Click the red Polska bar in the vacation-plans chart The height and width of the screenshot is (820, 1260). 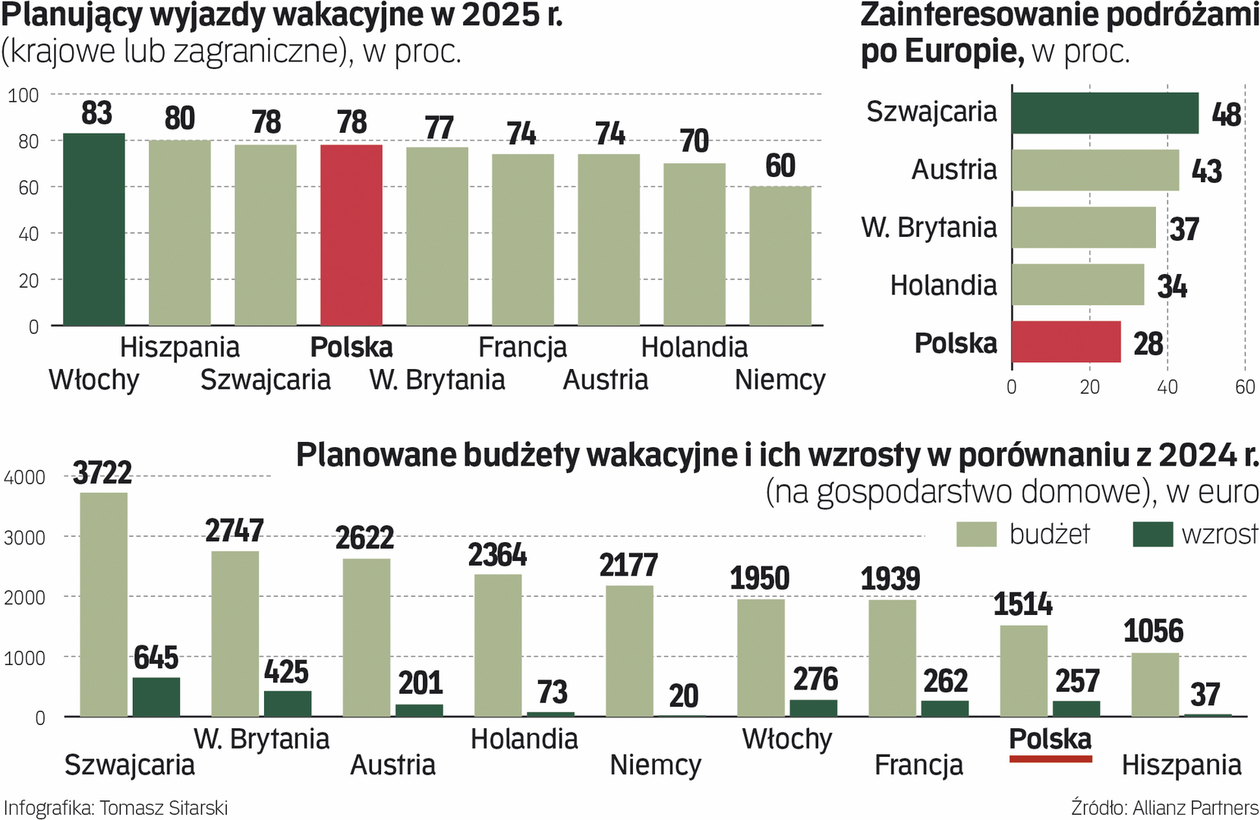[x=351, y=235]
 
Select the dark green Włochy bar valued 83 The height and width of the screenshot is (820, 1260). [x=94, y=229]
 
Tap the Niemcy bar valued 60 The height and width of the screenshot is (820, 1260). [x=780, y=256]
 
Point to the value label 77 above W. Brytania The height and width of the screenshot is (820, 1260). [x=439, y=128]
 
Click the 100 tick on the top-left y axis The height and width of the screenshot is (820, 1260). [x=24, y=95]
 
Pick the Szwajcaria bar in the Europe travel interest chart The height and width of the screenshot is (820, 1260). [x=1104, y=113]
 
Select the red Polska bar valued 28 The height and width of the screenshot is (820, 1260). [x=1066, y=342]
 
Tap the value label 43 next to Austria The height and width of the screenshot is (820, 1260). [x=1207, y=171]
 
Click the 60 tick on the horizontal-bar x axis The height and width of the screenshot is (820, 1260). [x=1245, y=387]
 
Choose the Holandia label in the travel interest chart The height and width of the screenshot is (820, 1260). [x=943, y=285]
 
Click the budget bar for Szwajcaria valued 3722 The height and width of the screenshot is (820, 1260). [x=104, y=604]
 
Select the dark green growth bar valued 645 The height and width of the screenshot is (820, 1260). [x=156, y=697]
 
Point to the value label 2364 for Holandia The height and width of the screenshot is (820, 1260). [x=497, y=555]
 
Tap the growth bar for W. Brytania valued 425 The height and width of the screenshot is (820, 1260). [x=288, y=703]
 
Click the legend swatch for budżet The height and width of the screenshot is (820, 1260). [x=976, y=535]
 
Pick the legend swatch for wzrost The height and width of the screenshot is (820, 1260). [x=1152, y=535]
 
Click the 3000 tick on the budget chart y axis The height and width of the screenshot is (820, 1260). [x=24, y=538]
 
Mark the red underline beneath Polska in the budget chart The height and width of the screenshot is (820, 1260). [x=1051, y=758]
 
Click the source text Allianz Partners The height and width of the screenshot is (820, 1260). [x=1195, y=808]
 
